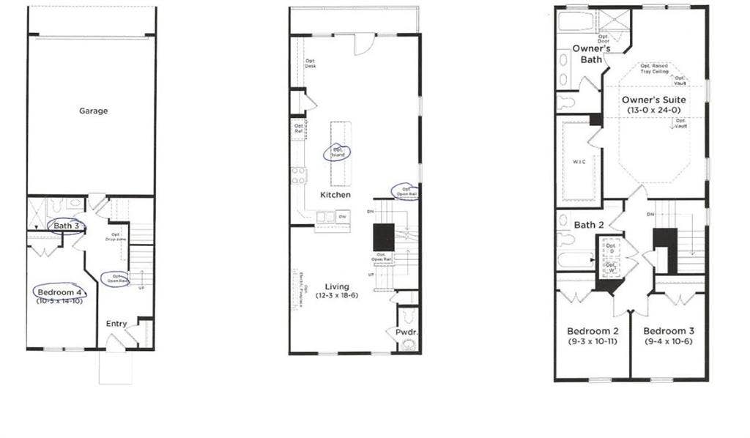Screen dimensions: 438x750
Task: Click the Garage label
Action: click(94, 111)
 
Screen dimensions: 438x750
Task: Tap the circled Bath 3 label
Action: click(66, 226)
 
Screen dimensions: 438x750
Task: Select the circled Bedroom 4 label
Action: click(59, 292)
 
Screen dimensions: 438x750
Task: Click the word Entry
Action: click(116, 324)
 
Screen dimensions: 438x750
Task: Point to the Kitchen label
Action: click(335, 195)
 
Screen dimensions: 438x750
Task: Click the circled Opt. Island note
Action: click(338, 152)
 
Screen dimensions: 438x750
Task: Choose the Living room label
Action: click(333, 286)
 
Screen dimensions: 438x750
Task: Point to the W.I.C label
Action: click(578, 160)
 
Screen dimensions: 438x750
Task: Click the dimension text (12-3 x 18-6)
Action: click(333, 296)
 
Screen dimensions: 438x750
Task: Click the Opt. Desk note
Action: click(311, 63)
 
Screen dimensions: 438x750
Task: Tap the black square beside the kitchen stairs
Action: click(384, 237)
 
